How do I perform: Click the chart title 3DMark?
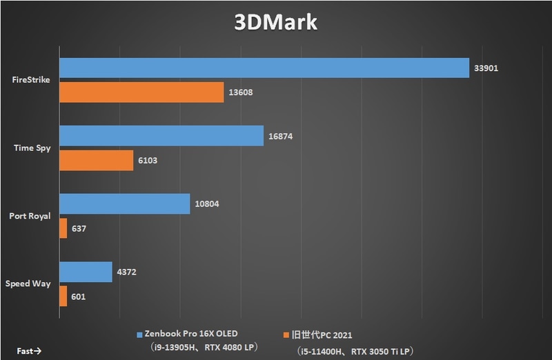coord(275,21)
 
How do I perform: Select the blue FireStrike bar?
coord(264,68)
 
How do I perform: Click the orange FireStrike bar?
coord(141,92)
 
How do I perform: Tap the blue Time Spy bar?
coord(161,136)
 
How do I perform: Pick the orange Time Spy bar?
coord(97,161)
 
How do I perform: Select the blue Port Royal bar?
coord(125,204)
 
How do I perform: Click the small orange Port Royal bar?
coord(63,228)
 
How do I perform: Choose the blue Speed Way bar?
coord(86,272)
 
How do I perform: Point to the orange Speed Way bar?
coord(63,296)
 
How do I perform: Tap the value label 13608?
coord(241,92)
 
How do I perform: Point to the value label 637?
coord(79,229)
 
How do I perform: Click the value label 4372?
coord(127,272)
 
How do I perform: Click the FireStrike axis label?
coord(32,80)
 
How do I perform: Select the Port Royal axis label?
coord(30,217)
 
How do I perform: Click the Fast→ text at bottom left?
coord(30,351)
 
